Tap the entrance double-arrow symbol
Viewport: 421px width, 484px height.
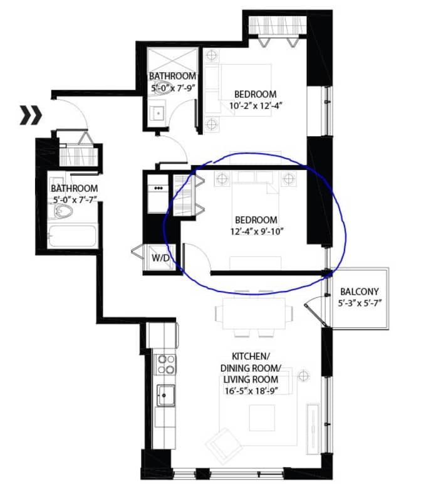[x=30, y=115]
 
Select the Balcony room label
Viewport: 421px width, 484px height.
[x=358, y=292]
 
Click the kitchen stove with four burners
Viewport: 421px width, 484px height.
[x=165, y=364]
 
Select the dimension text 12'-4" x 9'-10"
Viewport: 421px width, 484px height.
[x=256, y=231]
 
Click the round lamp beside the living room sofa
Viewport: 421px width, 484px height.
[x=304, y=376]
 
